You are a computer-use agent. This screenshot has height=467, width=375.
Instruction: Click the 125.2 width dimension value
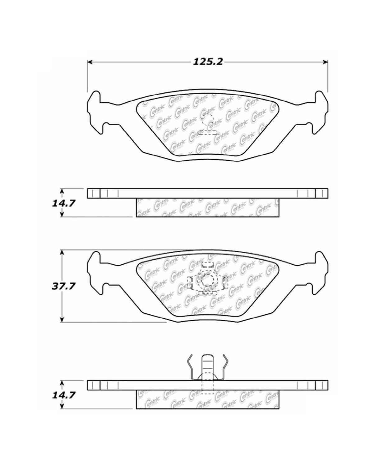point(208,62)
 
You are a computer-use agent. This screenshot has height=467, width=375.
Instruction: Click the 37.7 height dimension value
point(63,286)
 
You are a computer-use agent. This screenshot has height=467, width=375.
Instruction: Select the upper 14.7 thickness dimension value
point(63,204)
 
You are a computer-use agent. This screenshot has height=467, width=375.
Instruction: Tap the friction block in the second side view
point(207,208)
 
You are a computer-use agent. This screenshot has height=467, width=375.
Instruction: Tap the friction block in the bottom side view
point(207,400)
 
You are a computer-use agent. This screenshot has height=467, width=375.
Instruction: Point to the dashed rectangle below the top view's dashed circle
point(208,132)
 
